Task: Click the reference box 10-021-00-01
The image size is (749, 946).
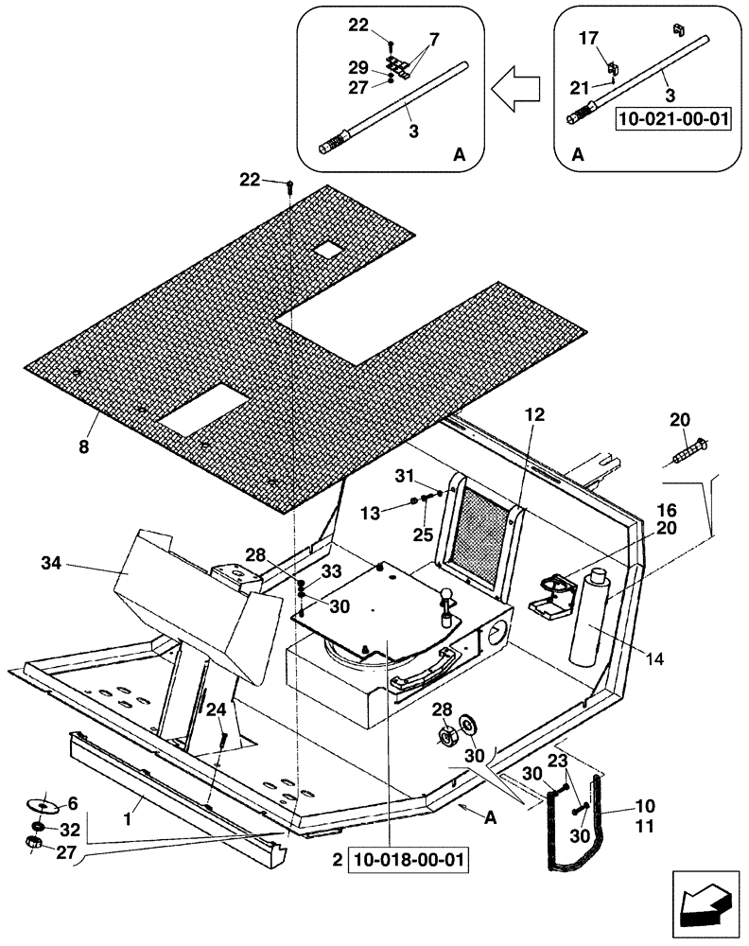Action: coord(673,119)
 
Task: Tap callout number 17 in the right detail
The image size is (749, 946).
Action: coord(587,40)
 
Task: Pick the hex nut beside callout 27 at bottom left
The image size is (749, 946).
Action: coord(31,841)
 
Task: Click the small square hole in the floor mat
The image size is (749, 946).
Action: coord(329,250)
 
